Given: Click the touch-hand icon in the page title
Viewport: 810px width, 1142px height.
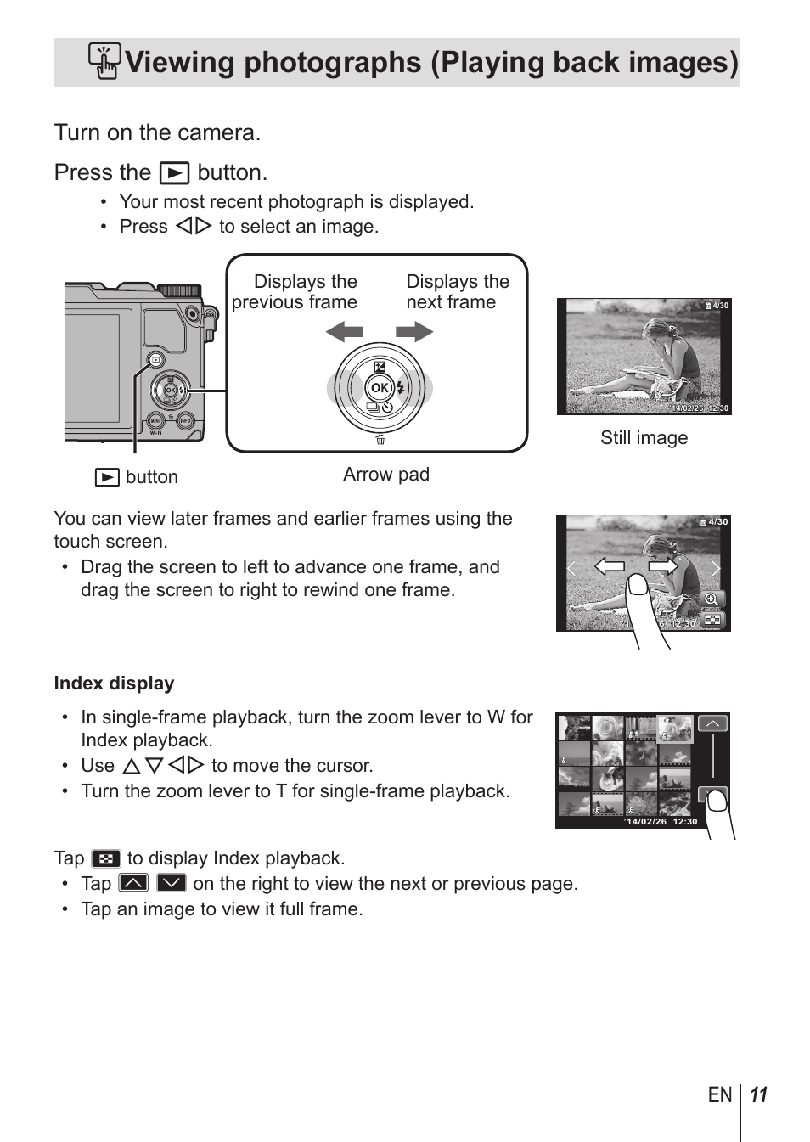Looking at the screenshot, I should point(104,61).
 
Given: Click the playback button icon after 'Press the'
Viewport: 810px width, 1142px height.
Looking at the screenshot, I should point(174,173).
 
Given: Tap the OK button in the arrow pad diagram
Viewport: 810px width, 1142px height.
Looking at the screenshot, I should point(380,388).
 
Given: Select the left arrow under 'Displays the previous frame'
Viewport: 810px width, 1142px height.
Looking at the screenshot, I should point(345,332).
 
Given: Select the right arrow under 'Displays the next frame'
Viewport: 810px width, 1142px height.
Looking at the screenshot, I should point(414,332).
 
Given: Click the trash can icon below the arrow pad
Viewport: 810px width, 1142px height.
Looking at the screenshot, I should point(380,440).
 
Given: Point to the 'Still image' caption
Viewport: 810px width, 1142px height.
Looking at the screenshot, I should point(644,438).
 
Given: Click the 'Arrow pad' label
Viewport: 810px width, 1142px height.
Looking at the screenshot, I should point(386,475).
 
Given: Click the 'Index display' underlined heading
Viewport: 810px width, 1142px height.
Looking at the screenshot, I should point(114,684).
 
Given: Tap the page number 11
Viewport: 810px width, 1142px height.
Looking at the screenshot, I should point(759,1095).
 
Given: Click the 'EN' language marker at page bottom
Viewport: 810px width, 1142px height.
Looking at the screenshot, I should point(720,1095).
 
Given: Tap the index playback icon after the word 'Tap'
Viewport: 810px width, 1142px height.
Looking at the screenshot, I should point(106,858).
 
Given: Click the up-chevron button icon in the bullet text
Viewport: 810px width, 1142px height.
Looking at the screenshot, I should point(133,883).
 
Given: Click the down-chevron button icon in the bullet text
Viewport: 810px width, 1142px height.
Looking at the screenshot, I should point(171,883).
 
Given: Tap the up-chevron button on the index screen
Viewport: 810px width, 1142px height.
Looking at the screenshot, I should point(712,723).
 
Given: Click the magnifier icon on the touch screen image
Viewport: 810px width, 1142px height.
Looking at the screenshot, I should point(712,599).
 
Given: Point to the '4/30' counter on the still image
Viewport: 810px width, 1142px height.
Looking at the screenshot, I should point(719,306).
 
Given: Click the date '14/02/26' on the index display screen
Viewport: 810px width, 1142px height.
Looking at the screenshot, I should point(646,822).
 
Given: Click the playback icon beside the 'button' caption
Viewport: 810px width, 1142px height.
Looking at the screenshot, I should point(107,477).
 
